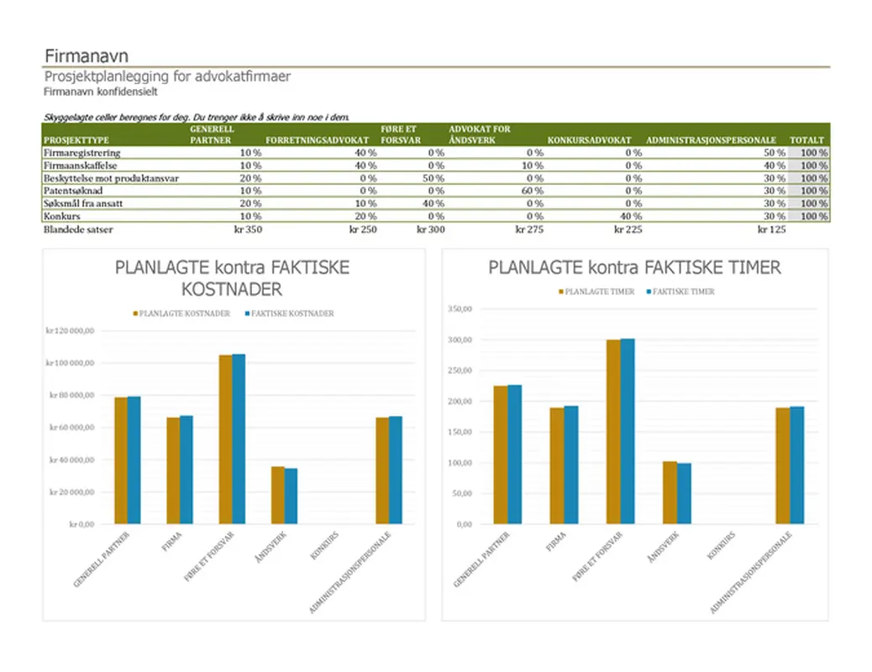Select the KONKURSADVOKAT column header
[589, 140]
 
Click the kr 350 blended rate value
[250, 229]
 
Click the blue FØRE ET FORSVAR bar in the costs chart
[239, 439]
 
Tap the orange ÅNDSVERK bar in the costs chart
[277, 495]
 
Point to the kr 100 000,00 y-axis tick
[70, 363]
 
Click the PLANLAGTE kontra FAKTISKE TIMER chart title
[634, 268]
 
